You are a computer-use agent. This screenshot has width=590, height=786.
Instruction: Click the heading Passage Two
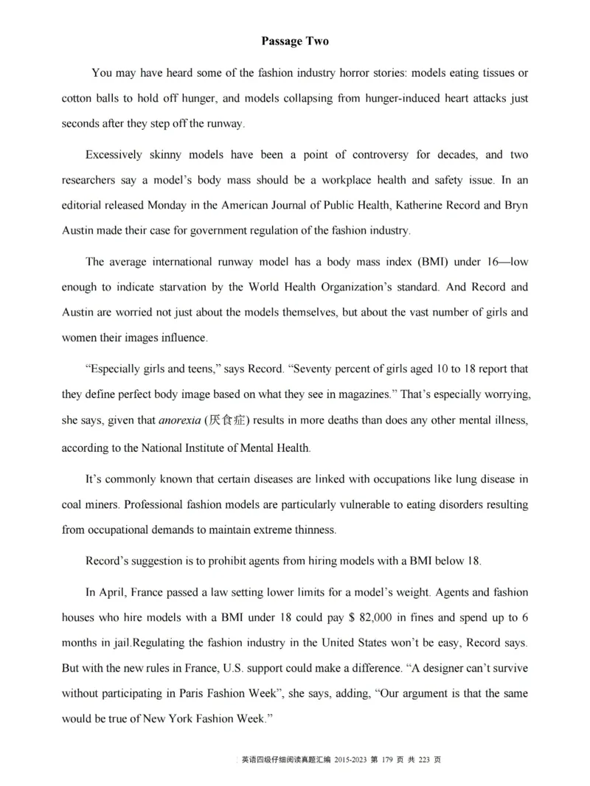click(295, 41)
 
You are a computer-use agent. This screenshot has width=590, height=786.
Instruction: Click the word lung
click(460, 479)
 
